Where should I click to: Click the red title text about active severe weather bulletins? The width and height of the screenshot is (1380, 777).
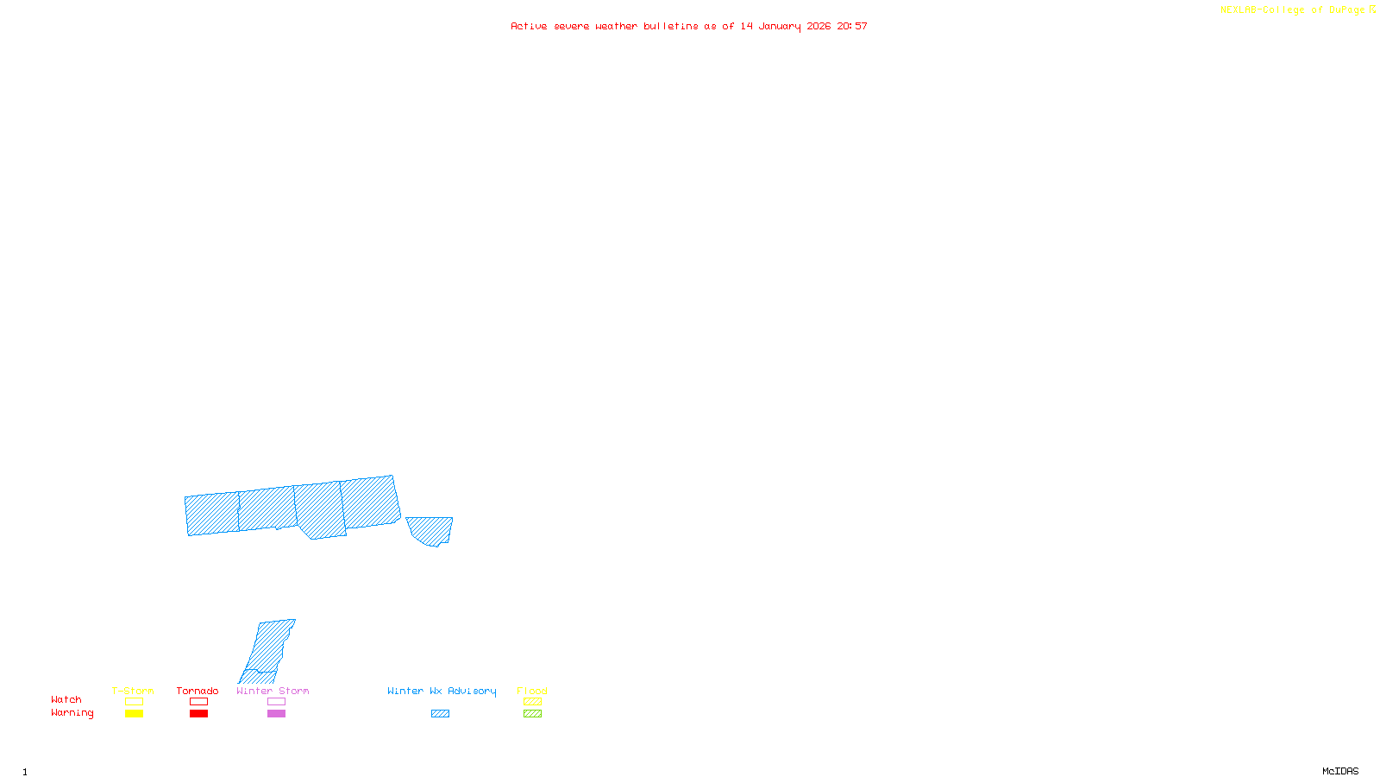(x=688, y=26)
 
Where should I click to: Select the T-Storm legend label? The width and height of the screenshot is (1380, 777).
(x=133, y=691)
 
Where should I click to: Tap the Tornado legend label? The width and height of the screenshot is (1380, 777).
(x=198, y=691)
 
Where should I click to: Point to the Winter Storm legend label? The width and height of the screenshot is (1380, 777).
(x=273, y=691)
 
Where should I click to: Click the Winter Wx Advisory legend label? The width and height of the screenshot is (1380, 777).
(x=442, y=691)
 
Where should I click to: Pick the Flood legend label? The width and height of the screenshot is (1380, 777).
(x=532, y=691)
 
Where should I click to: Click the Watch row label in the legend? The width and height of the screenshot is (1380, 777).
(x=66, y=700)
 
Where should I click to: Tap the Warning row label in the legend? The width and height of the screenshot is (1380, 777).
(x=72, y=713)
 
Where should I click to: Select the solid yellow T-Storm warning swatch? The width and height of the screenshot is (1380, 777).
(x=134, y=714)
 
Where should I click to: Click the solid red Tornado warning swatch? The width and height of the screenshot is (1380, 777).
(x=198, y=714)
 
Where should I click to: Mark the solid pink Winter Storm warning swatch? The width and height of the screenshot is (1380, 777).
(x=276, y=714)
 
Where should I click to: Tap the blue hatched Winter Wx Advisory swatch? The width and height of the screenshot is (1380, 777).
(x=440, y=714)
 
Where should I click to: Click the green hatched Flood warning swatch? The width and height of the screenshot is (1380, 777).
(x=532, y=714)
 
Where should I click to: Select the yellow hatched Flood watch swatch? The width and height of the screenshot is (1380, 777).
(x=532, y=702)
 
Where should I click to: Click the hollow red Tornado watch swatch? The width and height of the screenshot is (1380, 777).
(x=198, y=702)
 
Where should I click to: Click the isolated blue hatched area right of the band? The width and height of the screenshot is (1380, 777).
(x=430, y=529)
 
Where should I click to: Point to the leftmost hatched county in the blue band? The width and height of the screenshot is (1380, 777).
(x=212, y=514)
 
